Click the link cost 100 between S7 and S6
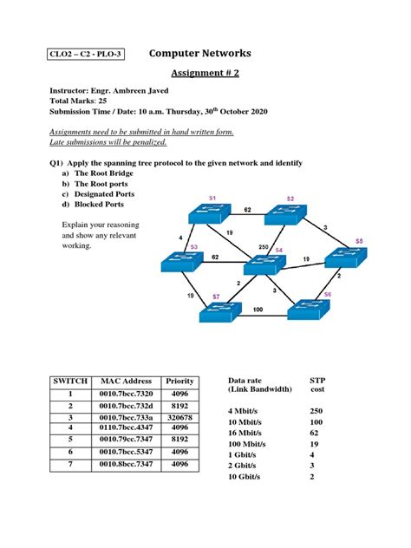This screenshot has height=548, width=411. coord(258,309)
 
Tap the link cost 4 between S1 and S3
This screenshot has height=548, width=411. coord(180,236)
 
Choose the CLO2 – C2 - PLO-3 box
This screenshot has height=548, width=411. coord(86,55)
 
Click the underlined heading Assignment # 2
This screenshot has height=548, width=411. coord(205,74)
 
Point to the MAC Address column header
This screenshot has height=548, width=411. coord(126,381)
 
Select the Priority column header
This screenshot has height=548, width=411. coord(179,381)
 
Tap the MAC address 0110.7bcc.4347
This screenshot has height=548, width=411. coord(126,427)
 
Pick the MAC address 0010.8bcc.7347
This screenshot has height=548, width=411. coord(126,464)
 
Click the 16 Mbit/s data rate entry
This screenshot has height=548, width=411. coord(251,433)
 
